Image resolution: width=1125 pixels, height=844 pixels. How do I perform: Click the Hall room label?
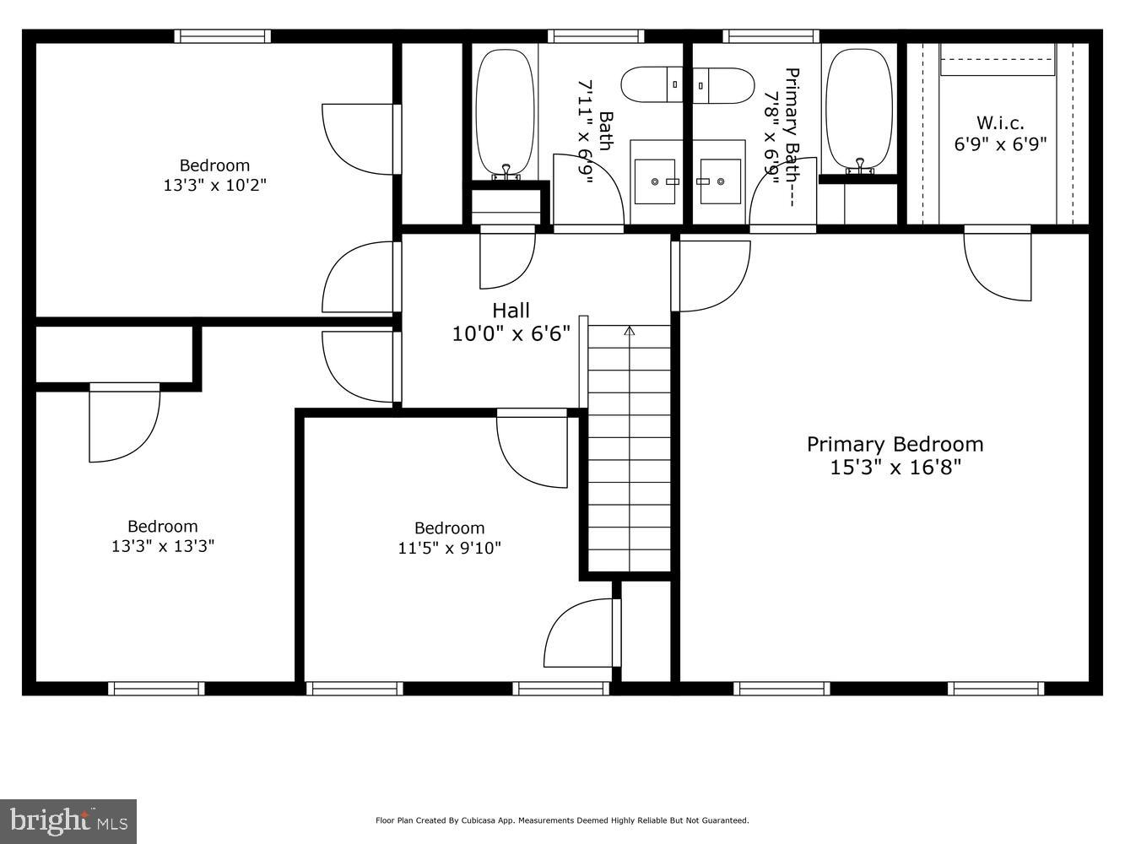pos(511,311)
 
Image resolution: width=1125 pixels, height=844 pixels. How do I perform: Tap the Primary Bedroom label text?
pos(895,445)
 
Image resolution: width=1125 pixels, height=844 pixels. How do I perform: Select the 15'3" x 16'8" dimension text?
pos(895,468)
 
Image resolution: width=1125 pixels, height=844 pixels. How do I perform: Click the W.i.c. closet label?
pos(1000,123)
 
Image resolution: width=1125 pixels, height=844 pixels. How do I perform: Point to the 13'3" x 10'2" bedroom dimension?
pos(214,185)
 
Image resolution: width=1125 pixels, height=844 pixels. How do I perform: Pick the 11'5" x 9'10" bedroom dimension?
pos(449,549)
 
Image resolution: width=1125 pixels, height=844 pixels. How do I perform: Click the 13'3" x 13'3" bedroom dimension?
pos(163,546)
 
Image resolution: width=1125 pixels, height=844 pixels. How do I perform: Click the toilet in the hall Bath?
pos(652,84)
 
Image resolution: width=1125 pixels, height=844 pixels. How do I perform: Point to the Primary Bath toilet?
pos(723,85)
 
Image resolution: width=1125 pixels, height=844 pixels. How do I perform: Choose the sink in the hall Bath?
pos(655,181)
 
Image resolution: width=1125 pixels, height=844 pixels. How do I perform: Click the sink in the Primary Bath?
pos(720,181)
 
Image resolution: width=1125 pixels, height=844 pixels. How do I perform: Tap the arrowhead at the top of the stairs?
pos(630,331)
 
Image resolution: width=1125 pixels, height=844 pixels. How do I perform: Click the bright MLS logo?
pos(68,821)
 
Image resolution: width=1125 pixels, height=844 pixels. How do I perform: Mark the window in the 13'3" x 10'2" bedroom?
pos(223,36)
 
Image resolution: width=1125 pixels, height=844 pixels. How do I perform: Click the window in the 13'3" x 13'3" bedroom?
pos(156,689)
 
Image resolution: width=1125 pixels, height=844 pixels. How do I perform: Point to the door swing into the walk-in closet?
pos(998,267)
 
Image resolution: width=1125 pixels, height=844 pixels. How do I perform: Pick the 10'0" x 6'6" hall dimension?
pos(511,334)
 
